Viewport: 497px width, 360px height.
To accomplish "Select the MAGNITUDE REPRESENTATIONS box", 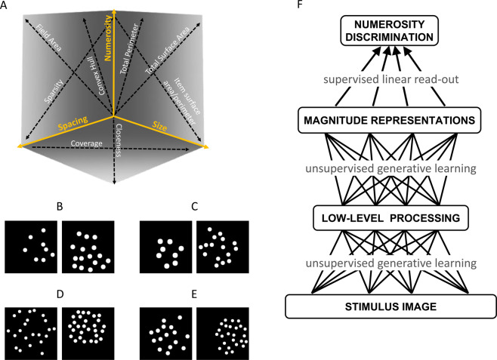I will click(388, 119).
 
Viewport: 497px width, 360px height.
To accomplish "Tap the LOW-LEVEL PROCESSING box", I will click(388, 220).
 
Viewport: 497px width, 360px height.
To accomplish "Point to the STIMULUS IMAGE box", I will click(388, 306).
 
